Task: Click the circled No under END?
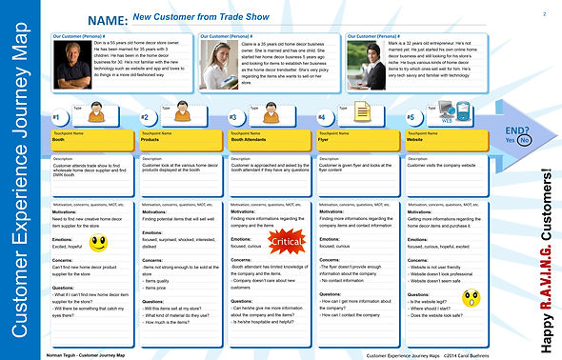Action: tap(526, 139)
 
